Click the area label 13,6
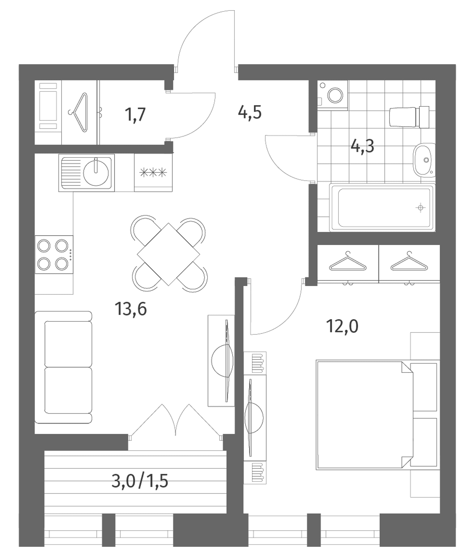point(130,309)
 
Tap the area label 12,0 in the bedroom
point(342,326)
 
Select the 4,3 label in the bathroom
point(362,146)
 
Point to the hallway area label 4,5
point(250,112)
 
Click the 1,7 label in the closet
point(135,114)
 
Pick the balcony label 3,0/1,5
point(140,481)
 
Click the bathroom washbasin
point(424,160)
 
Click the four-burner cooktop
point(54,254)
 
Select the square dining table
point(168,254)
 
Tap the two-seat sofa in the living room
point(63,367)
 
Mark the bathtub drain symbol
point(420,208)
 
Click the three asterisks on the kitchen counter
point(153,172)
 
